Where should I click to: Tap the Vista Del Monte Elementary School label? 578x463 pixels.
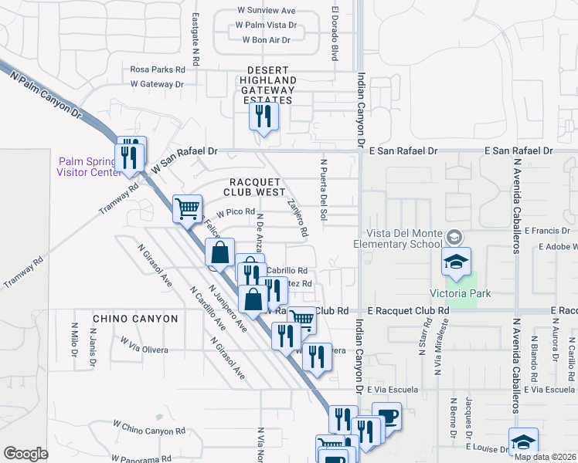397,238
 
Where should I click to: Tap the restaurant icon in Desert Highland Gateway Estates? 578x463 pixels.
263,116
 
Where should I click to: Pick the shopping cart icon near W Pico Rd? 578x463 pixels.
187,208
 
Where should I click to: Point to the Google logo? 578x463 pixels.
25,453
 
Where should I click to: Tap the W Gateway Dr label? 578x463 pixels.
157,84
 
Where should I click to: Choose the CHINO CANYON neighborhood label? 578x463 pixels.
129,318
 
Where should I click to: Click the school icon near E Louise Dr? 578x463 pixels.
523,441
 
